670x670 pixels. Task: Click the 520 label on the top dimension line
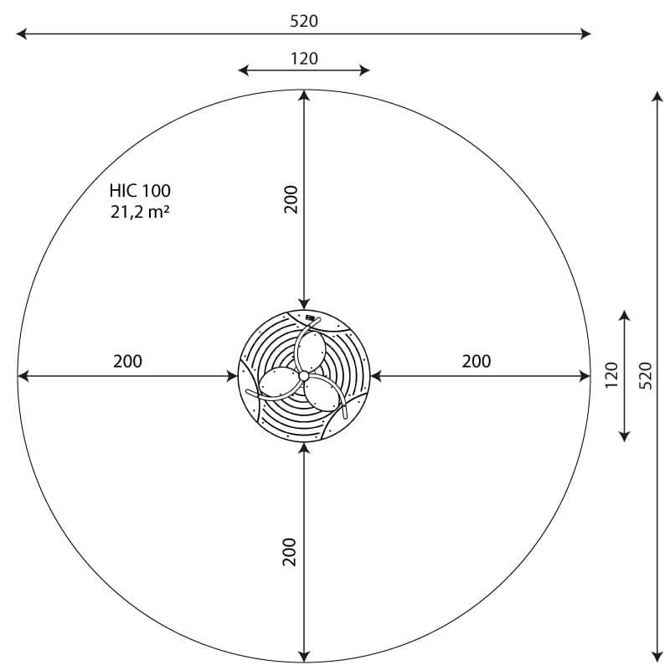coord(304,21)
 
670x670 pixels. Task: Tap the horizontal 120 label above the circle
coord(304,59)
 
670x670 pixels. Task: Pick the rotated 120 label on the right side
coord(612,375)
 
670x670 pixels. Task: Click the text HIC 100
coord(140,191)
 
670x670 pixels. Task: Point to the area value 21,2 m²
coord(140,212)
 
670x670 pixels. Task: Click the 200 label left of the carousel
coord(128,362)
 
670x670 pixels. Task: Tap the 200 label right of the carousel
coord(477,362)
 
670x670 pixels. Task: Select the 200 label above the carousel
coord(291,199)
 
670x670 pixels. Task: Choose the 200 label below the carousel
coord(289,552)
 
